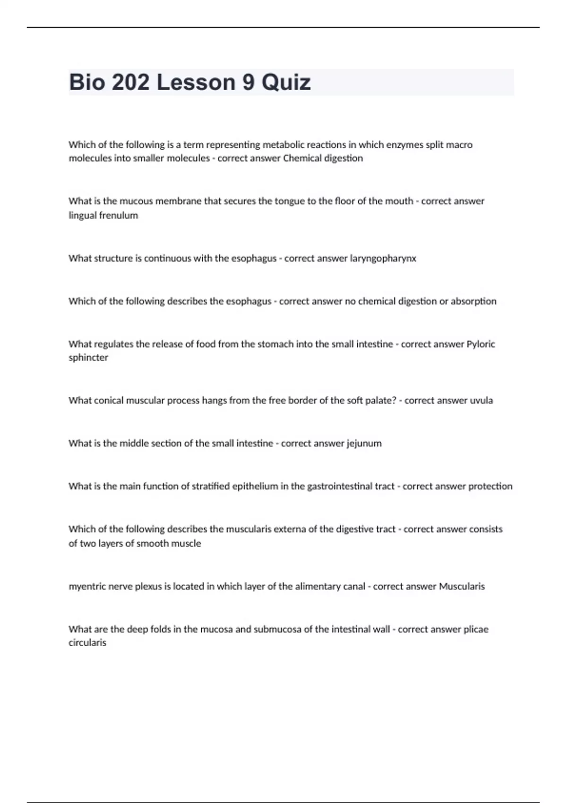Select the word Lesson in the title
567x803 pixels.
click(196, 82)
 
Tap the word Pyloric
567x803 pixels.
click(481, 344)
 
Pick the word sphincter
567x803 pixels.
click(88, 358)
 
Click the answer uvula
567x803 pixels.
click(481, 401)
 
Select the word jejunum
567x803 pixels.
click(364, 444)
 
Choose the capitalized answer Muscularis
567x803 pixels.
click(462, 586)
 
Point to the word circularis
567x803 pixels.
click(87, 643)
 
